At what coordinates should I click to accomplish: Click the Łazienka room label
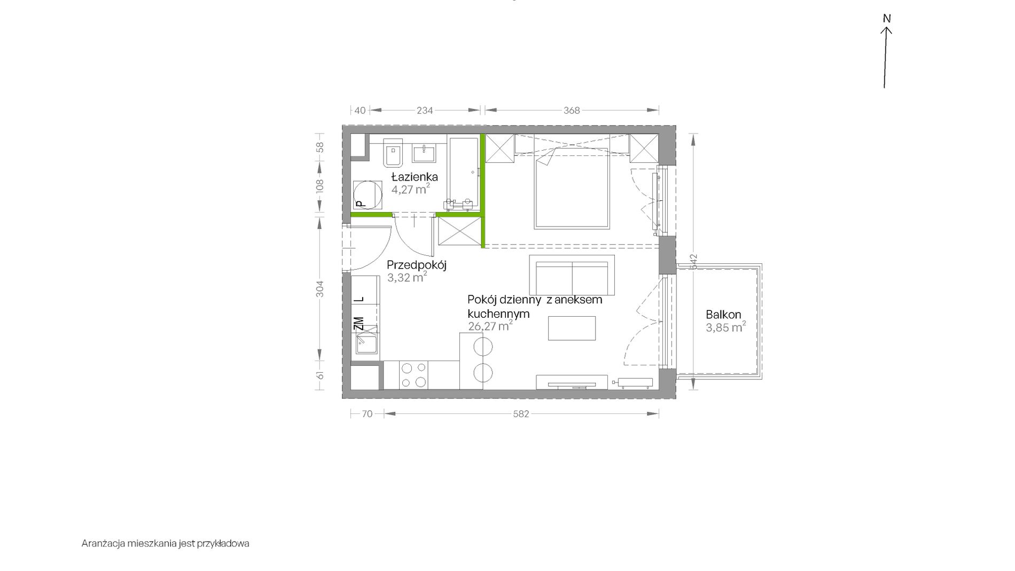[415, 177]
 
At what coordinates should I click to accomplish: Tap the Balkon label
[723, 315]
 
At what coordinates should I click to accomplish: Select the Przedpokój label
[417, 265]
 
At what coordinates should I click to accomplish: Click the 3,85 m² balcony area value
[726, 327]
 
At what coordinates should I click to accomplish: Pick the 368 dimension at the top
[572, 111]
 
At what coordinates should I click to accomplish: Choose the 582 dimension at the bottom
[521, 414]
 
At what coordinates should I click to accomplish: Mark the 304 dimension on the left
[320, 289]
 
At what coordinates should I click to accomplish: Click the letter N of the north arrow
[887, 19]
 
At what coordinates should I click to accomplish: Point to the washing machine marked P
[368, 195]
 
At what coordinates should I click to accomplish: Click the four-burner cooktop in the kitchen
[414, 375]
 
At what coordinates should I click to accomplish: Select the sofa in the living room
[572, 275]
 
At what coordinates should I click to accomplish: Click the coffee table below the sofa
[572, 328]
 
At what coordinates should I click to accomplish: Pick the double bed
[572, 189]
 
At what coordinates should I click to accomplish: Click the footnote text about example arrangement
[166, 544]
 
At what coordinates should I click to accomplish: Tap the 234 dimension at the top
[425, 111]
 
